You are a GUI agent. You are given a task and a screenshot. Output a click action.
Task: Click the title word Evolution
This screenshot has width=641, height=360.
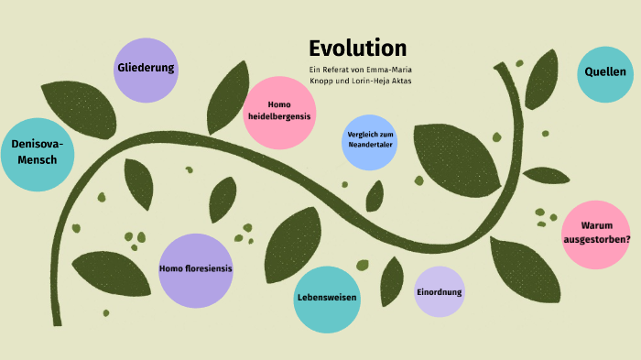[357, 49]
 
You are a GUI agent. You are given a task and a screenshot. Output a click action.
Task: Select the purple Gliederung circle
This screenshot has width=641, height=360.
[147, 70]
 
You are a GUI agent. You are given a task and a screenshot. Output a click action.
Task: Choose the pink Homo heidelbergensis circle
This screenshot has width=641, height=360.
[279, 112]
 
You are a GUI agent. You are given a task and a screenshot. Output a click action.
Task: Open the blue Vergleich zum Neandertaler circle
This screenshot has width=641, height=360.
[370, 142]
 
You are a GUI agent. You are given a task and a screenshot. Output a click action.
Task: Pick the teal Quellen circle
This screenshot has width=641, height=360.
[606, 71]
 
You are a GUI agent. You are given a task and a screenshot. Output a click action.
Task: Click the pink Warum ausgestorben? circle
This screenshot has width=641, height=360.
[597, 234]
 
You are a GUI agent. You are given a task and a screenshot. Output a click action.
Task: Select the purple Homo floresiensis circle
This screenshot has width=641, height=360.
[195, 269]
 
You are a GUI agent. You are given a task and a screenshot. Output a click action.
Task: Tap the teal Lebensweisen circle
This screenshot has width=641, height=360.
[327, 300]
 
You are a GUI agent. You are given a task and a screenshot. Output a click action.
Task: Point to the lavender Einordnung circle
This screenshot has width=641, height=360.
[440, 292]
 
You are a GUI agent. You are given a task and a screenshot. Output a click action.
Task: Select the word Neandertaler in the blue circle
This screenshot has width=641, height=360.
[370, 147]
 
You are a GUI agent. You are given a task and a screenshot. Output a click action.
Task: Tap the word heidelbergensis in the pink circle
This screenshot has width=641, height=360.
[279, 117]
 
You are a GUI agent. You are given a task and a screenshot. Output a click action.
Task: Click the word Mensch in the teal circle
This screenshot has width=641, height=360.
[38, 161]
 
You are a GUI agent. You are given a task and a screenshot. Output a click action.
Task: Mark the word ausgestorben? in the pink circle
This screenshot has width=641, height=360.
[597, 240]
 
